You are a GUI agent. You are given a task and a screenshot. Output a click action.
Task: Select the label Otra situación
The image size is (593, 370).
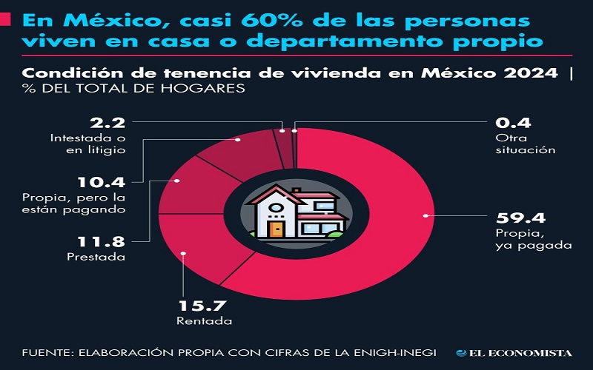[x=524, y=143]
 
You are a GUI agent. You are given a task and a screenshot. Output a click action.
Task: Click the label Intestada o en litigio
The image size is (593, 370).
[x=86, y=144]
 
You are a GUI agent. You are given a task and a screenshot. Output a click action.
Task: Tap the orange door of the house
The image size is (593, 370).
[x=276, y=229]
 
